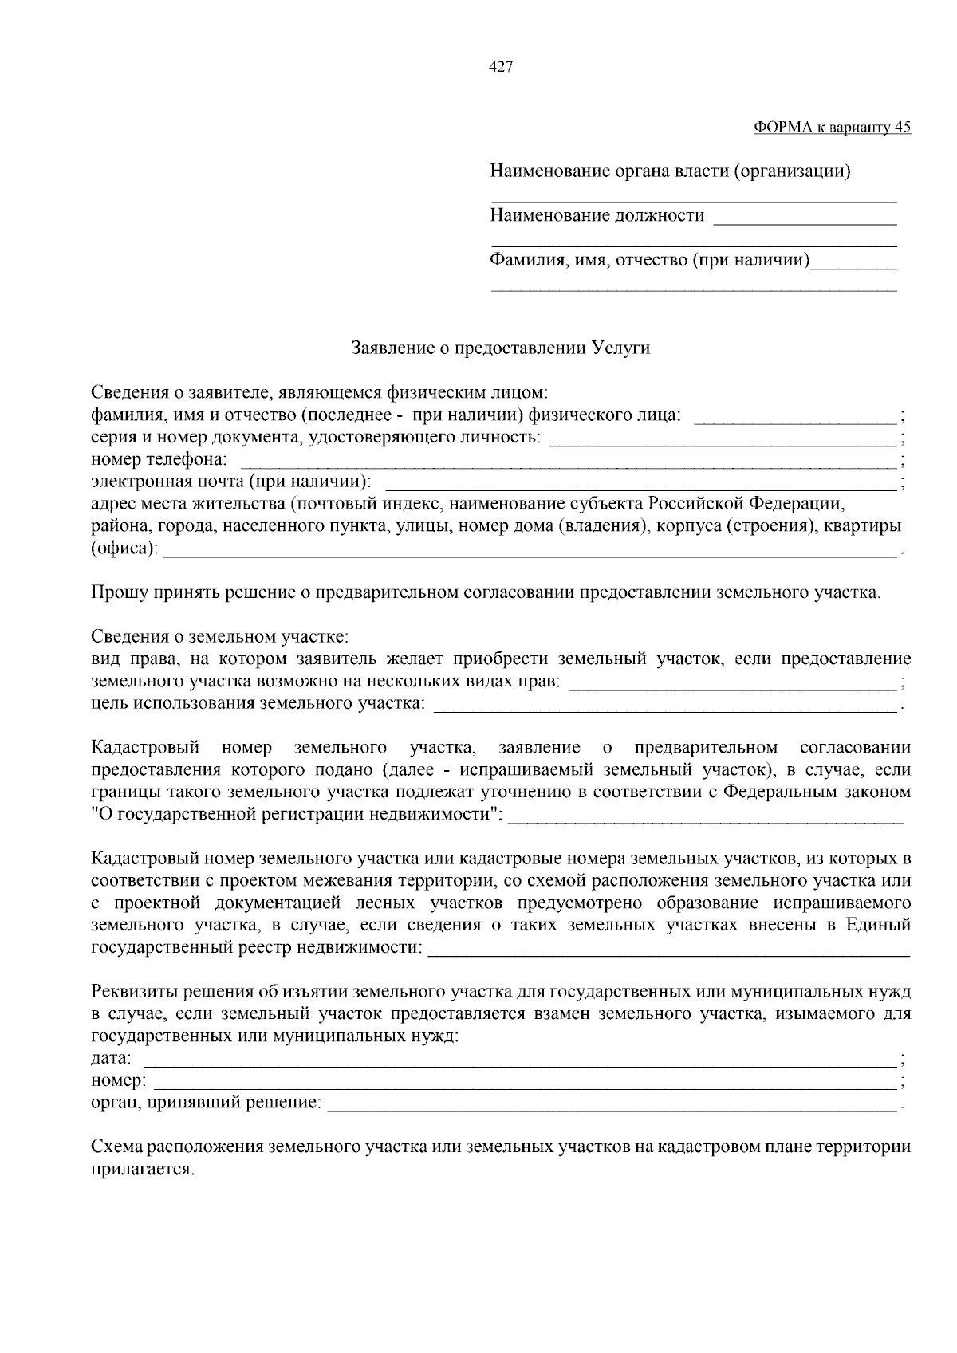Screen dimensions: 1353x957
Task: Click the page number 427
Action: point(500,67)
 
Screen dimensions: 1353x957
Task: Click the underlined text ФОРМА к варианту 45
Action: point(832,128)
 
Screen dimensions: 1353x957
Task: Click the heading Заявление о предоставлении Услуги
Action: point(501,348)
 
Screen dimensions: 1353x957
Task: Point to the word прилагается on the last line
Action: point(142,1170)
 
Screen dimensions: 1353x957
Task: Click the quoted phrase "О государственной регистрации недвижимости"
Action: point(298,815)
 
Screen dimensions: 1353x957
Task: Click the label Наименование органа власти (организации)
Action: point(670,171)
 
